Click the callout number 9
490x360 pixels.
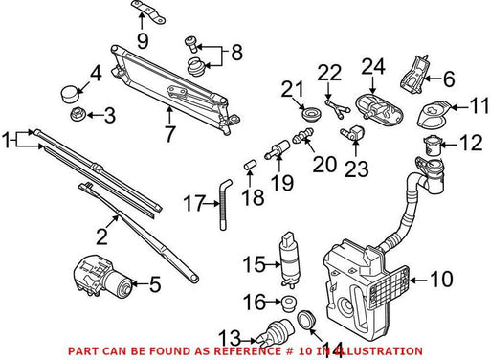tap(143, 41)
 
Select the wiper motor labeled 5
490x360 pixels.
tap(102, 276)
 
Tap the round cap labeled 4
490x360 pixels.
tap(70, 94)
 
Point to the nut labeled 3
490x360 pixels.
tap(78, 115)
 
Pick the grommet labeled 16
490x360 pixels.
tap(289, 304)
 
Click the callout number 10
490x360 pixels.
tap(441, 279)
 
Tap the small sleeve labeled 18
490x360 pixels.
tap(250, 166)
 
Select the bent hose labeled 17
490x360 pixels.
tap(223, 204)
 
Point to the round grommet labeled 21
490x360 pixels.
tap(311, 114)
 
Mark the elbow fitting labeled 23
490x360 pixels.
tap(352, 133)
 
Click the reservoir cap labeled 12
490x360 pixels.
tap(432, 145)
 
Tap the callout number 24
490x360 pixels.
tap(373, 66)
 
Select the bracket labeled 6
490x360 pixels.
tap(413, 75)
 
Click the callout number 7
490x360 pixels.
tap(169, 134)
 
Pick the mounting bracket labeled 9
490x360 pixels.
tap(148, 11)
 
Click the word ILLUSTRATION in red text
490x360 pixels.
tap(380, 351)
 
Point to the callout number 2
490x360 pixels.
tap(102, 236)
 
